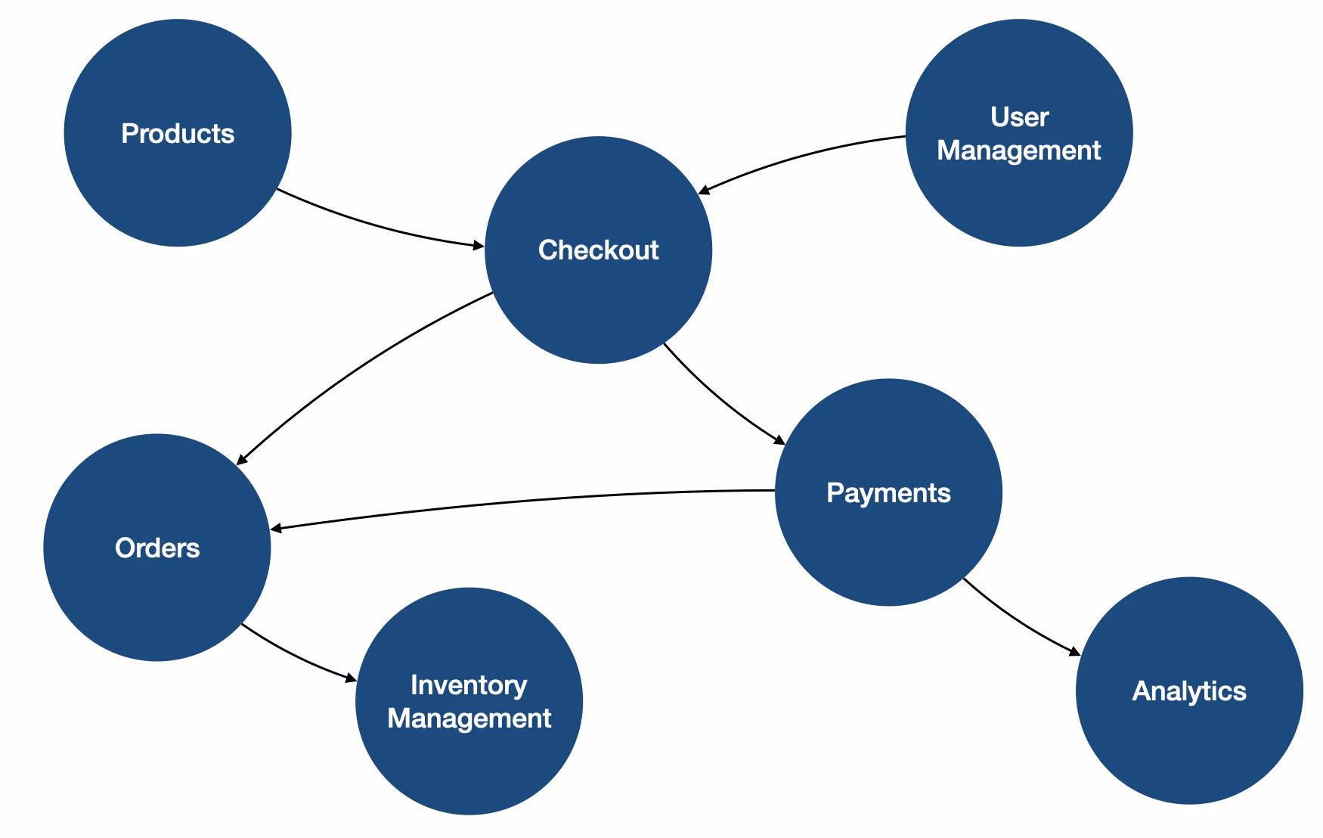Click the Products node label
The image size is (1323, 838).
tap(178, 134)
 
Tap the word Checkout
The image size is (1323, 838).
tap(598, 250)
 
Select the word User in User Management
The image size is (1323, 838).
tap(1019, 117)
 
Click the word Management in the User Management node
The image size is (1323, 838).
tap(1018, 151)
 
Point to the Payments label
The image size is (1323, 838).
tap(888, 493)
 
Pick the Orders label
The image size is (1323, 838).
tap(157, 548)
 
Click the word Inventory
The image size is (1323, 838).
tap(469, 685)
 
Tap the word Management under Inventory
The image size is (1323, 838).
tap(469, 719)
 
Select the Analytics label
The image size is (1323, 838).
tap(1188, 691)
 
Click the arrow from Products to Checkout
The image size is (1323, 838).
tap(378, 226)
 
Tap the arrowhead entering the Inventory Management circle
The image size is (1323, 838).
tap(351, 678)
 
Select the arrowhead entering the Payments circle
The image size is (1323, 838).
tap(780, 440)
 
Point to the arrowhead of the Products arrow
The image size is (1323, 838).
tap(479, 245)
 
